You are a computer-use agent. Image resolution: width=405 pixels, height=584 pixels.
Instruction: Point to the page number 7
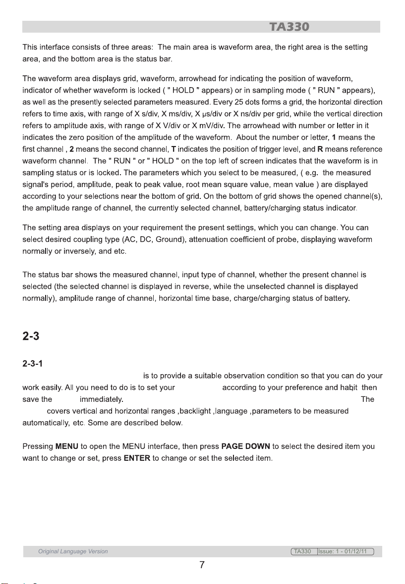[202, 566]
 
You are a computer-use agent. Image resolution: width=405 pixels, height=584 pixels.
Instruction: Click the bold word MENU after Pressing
[66, 445]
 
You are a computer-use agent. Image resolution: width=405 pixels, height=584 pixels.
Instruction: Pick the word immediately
[103, 399]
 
